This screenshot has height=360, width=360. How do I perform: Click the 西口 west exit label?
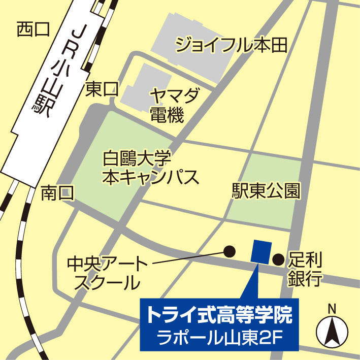click(33, 29)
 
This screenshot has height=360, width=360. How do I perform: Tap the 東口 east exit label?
click(102, 90)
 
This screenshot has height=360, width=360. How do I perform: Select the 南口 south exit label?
click(57, 193)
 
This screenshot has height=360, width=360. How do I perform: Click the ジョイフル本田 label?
click(232, 45)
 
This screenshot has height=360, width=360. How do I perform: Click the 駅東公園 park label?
click(266, 191)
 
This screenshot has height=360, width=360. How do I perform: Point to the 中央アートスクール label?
click(107, 273)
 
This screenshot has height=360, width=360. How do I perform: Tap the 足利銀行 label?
click(305, 270)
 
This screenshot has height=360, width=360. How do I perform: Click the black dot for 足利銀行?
click(278, 260)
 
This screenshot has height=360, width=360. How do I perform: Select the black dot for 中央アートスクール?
click(230, 250)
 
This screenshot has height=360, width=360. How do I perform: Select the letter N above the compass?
click(332, 308)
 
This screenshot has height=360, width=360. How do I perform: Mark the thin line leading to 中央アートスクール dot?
click(188, 257)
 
